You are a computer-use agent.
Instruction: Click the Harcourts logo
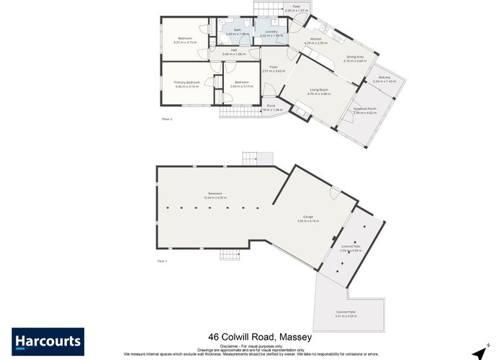click(x=48, y=341)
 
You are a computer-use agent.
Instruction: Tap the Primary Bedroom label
click(x=187, y=83)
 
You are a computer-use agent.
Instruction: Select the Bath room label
click(x=237, y=30)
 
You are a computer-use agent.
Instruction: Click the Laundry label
click(x=271, y=32)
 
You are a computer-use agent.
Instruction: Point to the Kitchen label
click(x=315, y=39)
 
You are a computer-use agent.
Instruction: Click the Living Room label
click(x=318, y=89)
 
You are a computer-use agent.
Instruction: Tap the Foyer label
click(x=274, y=68)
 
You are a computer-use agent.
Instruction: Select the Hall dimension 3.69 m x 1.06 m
click(x=234, y=54)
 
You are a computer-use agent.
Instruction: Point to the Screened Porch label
click(x=365, y=109)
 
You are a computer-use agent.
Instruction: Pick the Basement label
click(x=215, y=193)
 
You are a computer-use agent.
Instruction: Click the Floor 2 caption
click(x=167, y=119)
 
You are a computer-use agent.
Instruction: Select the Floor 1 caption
click(x=162, y=261)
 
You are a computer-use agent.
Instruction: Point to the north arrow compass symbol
click(x=477, y=348)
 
